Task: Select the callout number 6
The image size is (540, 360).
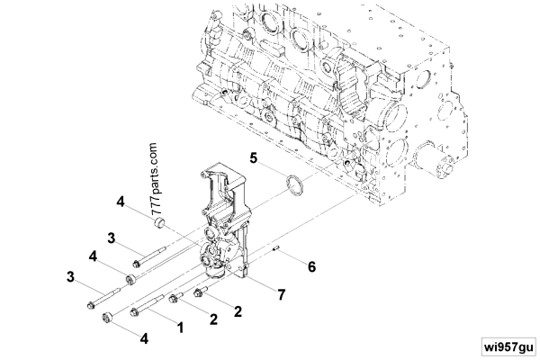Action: (311, 267)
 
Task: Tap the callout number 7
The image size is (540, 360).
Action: (281, 294)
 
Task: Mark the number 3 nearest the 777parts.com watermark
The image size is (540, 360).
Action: (111, 238)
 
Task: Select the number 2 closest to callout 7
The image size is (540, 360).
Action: (238, 312)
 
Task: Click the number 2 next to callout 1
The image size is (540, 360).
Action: (213, 319)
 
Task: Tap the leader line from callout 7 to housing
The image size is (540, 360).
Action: (262, 284)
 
